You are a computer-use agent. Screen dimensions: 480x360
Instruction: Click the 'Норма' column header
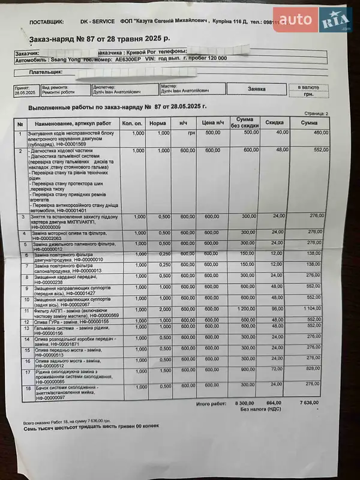coord(158,123)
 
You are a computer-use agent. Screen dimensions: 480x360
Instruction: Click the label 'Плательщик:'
coord(46,72)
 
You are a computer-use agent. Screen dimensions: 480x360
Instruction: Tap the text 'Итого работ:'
coord(211,404)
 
